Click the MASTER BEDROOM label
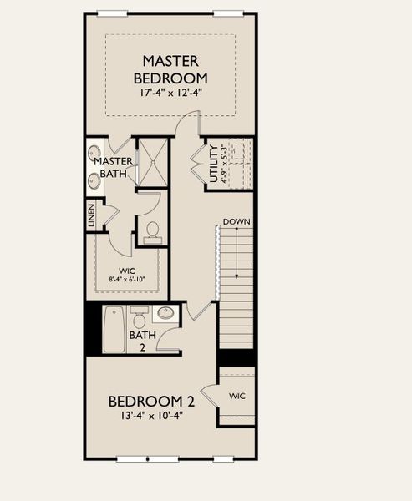click(x=170, y=69)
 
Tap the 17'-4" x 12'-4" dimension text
click(x=170, y=93)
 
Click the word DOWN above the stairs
click(x=237, y=222)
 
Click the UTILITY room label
click(x=214, y=164)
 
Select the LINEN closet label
click(x=91, y=216)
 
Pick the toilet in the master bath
click(x=152, y=230)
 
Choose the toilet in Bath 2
click(x=140, y=318)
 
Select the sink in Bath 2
click(x=165, y=314)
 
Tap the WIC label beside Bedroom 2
click(x=237, y=396)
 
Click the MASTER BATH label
click(x=112, y=167)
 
